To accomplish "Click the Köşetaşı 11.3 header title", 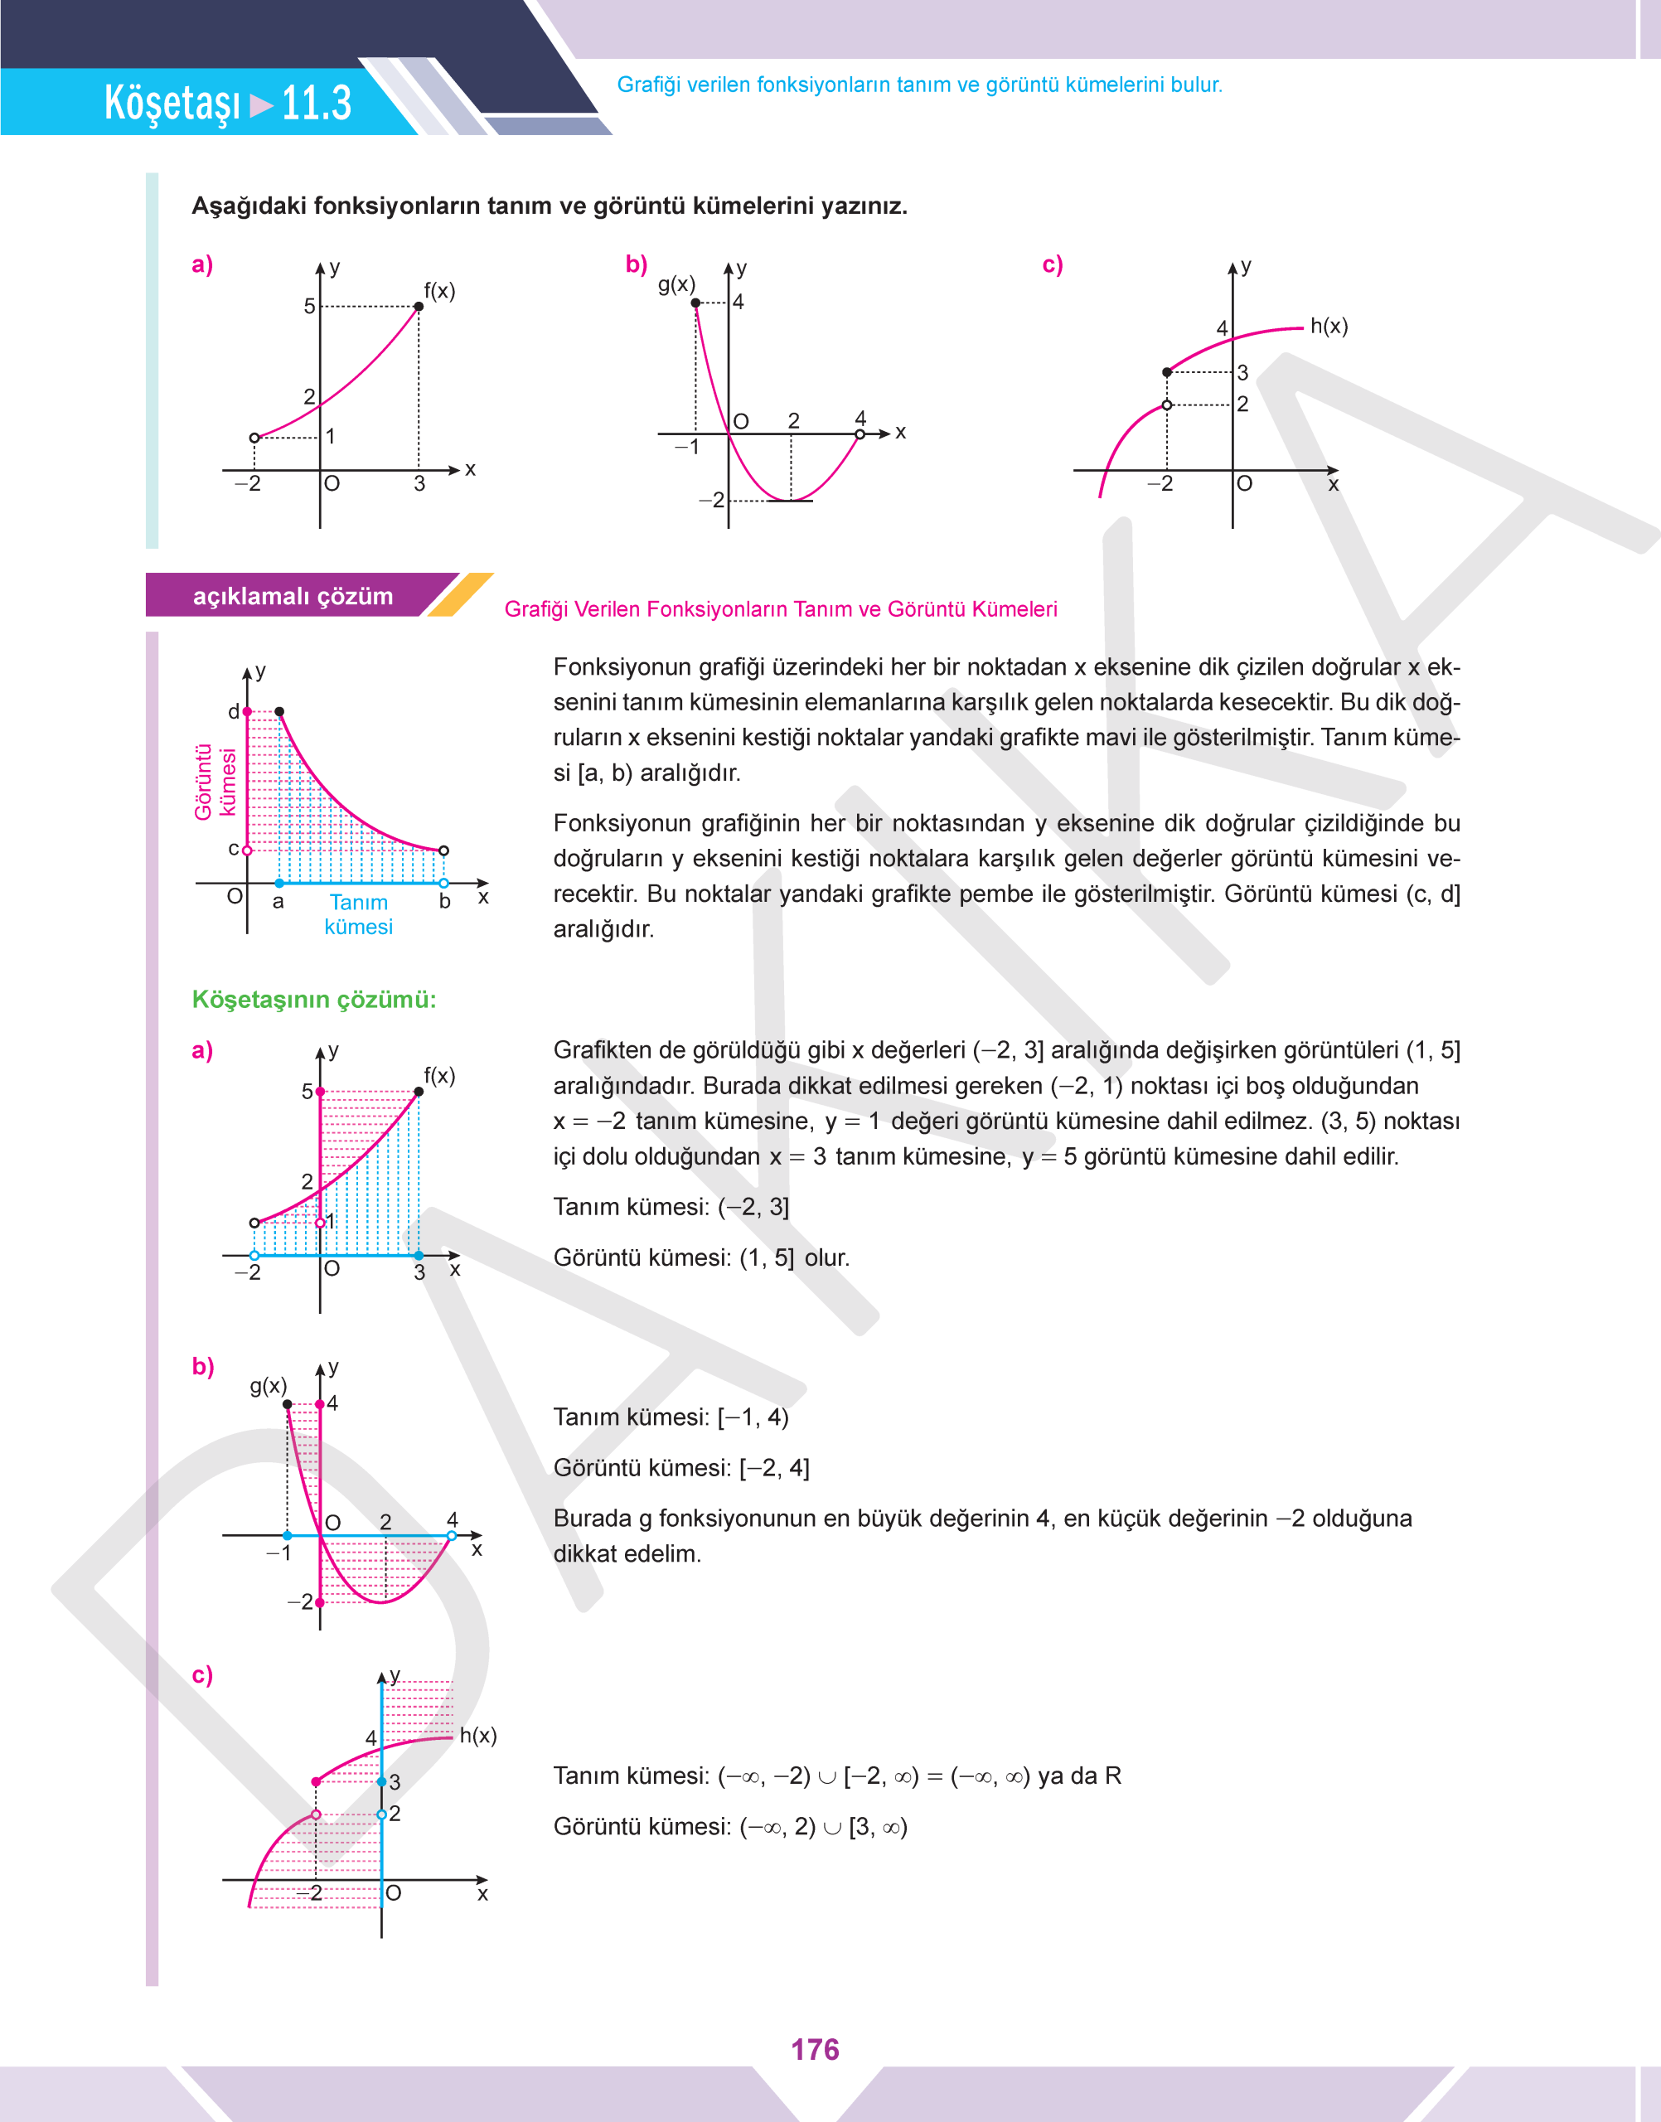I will click(228, 102).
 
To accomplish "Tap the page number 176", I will click(814, 2049).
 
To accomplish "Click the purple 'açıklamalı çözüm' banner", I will click(293, 596).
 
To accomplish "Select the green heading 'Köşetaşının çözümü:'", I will click(313, 1000).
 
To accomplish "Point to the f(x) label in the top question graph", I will click(439, 291).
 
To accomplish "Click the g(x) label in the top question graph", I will click(676, 284).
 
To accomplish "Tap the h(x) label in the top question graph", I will click(1329, 326).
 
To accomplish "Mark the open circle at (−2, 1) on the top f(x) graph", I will click(254, 438).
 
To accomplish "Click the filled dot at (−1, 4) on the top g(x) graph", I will click(695, 303).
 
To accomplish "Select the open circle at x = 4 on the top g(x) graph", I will click(860, 434).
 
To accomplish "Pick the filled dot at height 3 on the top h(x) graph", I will click(1167, 372).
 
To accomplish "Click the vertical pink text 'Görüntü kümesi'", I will click(215, 782).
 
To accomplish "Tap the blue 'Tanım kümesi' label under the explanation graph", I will click(359, 914).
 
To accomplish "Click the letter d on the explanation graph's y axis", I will click(234, 712).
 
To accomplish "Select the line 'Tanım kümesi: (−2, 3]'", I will click(671, 1207).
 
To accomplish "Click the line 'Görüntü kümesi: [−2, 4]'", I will click(680, 1467).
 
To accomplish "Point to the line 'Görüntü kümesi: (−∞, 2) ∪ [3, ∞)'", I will click(729, 1826).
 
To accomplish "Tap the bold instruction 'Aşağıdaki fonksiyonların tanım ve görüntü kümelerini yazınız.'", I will click(549, 206).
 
